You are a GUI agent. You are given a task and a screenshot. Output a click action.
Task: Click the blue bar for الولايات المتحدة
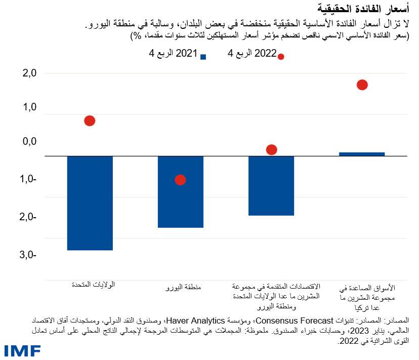click(x=90, y=203)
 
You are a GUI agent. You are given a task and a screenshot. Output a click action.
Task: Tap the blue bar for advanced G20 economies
click(x=271, y=185)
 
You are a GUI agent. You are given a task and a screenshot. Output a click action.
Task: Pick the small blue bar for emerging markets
click(x=362, y=154)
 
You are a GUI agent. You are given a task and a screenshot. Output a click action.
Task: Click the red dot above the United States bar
click(x=90, y=121)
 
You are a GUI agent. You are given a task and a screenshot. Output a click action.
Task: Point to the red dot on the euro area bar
click(x=180, y=180)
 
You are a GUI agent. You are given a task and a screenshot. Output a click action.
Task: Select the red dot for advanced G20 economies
click(x=271, y=149)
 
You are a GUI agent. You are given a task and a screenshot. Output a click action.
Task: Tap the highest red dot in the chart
click(x=362, y=85)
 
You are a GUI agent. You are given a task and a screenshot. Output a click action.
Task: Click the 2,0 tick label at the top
click(x=30, y=74)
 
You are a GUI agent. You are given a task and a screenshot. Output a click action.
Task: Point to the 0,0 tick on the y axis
click(x=30, y=142)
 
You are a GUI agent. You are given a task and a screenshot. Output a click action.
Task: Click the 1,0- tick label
click(x=28, y=179)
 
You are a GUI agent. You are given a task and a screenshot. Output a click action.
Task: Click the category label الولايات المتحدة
click(x=93, y=285)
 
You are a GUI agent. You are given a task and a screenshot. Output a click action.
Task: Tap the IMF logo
click(x=22, y=351)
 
